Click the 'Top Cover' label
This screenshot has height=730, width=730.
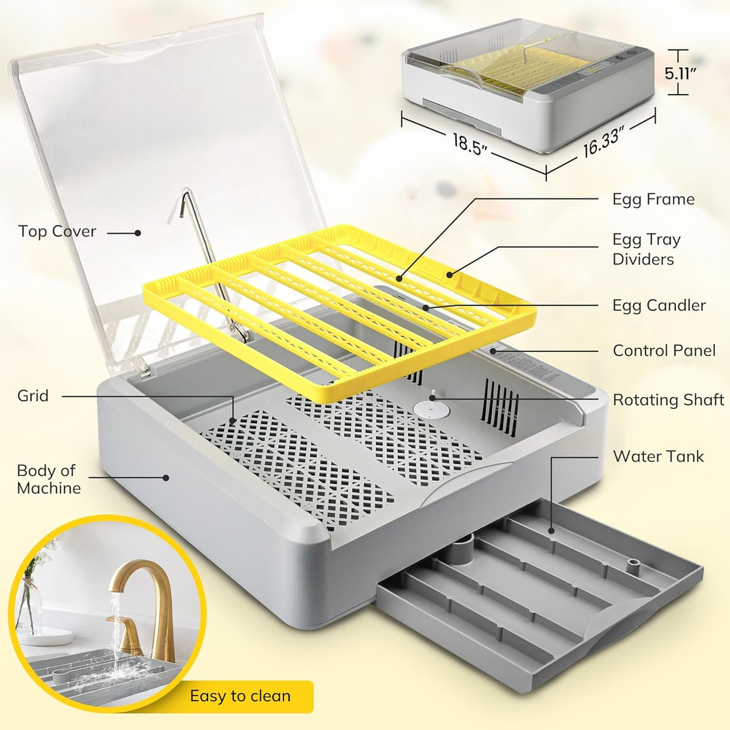coord(57,231)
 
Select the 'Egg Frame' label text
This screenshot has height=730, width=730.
coord(653,199)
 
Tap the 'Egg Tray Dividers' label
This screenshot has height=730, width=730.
coord(647,249)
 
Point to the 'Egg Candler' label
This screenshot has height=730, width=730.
coord(659,305)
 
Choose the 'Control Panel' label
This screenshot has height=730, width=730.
coord(664,351)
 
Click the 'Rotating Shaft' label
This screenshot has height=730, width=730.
coord(668,400)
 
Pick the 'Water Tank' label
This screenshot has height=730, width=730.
coord(658,456)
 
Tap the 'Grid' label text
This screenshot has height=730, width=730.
coord(33,396)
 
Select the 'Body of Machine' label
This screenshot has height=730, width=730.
coord(48,479)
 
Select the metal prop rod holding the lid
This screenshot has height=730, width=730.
coord(212,270)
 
